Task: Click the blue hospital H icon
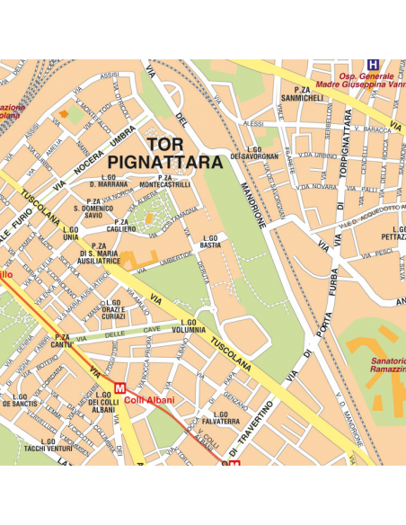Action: click(373, 65)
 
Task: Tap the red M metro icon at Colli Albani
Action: click(119, 387)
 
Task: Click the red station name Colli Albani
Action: click(149, 400)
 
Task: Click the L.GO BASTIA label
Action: click(210, 241)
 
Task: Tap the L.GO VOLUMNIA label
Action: click(189, 325)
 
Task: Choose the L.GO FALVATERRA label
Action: click(221, 417)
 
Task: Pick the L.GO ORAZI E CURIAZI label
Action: click(112, 310)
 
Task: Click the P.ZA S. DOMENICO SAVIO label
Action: click(93, 209)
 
